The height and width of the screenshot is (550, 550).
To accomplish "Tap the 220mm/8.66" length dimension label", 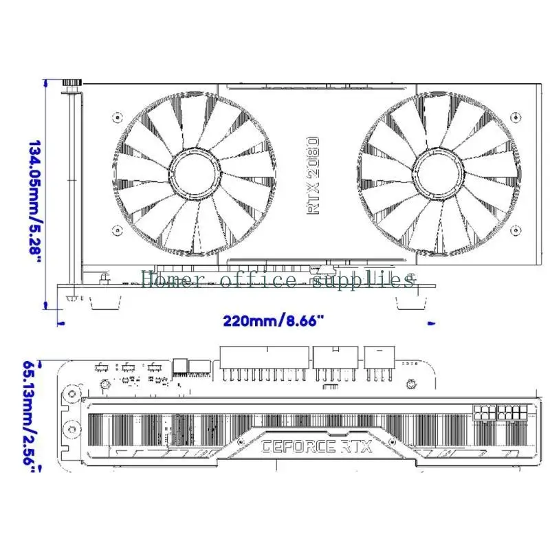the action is tap(274, 320).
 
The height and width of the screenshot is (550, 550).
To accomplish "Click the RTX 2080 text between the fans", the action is tap(313, 176).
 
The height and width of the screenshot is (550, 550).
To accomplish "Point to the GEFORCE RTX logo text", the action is tap(317, 446).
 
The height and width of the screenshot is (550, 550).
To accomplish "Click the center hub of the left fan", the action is tap(195, 173).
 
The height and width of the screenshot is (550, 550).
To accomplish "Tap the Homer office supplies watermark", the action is tap(278, 280).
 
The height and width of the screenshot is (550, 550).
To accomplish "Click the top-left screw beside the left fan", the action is tap(118, 117).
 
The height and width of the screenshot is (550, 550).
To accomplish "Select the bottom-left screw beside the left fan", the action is tap(118, 230).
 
